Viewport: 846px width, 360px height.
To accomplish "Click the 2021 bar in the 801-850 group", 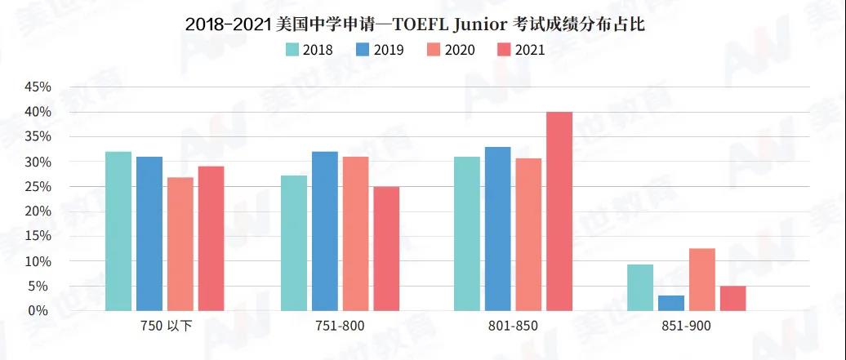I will (x=559, y=211).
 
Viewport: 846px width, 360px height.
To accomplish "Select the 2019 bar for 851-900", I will (x=671, y=303).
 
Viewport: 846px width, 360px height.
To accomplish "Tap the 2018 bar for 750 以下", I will (x=118, y=231).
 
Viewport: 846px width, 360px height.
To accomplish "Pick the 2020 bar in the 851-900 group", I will (x=702, y=280).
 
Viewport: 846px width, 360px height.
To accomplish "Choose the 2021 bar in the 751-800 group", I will (x=386, y=249).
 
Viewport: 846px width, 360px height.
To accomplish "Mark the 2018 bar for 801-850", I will (x=467, y=233).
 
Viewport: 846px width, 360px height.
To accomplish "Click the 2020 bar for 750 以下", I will (x=180, y=244).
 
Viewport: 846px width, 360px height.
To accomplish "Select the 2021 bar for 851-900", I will (x=733, y=298).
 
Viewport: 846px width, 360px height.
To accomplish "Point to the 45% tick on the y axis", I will (x=39, y=87).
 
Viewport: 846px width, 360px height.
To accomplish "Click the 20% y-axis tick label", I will (x=39, y=211).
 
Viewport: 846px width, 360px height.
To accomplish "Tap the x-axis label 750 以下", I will (x=167, y=327).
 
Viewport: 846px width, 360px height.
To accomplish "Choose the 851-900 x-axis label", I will (x=688, y=327).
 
